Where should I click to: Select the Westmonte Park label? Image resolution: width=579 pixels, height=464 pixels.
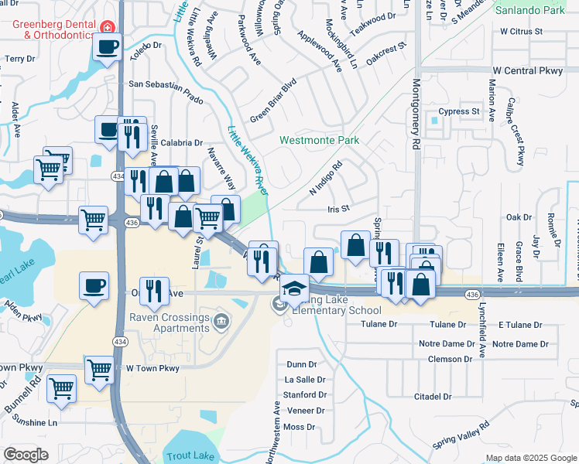tap(319, 141)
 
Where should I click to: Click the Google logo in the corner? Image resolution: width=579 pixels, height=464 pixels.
tap(26, 455)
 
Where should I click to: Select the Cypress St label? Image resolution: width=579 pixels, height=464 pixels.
tap(458, 111)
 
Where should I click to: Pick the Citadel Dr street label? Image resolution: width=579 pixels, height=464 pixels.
tap(432, 397)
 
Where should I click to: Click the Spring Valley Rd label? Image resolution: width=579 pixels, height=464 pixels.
tap(461, 438)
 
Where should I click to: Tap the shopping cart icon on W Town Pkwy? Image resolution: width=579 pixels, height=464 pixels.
tap(100, 370)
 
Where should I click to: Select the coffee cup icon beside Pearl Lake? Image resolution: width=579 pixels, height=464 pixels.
tap(94, 285)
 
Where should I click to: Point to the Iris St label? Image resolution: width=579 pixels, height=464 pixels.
tap(339, 209)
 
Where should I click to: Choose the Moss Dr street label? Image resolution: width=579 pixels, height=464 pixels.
tap(300, 426)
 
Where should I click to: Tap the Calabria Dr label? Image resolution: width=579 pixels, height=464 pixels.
tap(182, 143)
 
